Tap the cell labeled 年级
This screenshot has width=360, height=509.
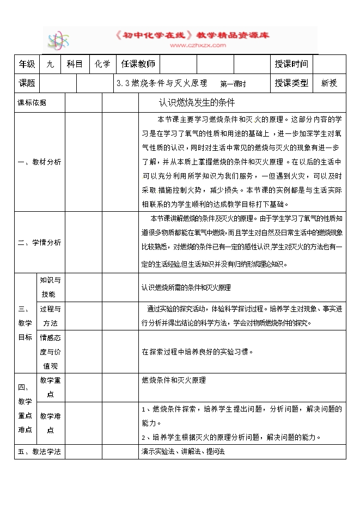click(x=27, y=64)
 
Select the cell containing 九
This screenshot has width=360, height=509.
click(x=50, y=64)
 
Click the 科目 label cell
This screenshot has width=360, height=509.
click(x=75, y=64)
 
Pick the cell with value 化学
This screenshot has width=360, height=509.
click(x=102, y=64)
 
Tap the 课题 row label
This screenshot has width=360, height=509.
click(x=27, y=83)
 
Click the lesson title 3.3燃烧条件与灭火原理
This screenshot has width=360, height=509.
click(x=162, y=83)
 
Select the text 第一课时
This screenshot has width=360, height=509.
click(x=233, y=84)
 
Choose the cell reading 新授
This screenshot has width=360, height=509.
click(x=329, y=83)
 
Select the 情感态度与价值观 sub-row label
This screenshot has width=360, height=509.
click(x=50, y=352)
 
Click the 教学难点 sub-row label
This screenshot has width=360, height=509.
click(x=50, y=423)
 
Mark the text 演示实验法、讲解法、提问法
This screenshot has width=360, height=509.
click(x=183, y=451)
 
